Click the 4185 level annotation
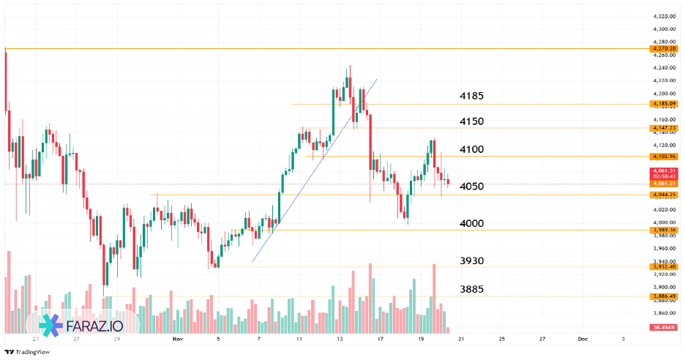point(471,96)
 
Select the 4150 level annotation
point(471,121)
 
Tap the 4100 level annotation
point(471,149)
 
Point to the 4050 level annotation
point(471,186)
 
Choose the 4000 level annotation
point(471,223)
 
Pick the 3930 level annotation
point(471,260)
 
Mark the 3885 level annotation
point(471,289)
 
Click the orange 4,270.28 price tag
point(664,48)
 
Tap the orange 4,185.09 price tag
point(664,104)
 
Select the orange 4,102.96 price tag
point(664,157)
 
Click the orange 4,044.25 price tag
point(664,195)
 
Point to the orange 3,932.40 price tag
point(664,266)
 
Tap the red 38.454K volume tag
point(663,327)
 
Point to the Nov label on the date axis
point(178,340)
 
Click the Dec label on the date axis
point(583,340)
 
